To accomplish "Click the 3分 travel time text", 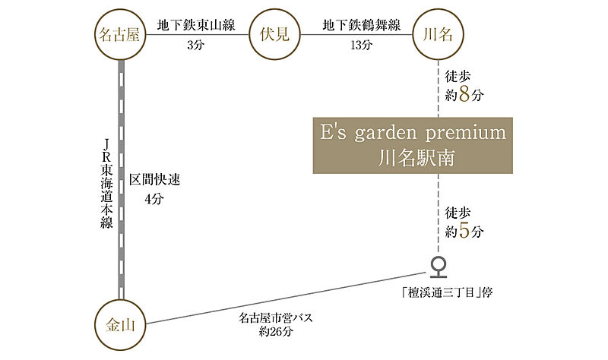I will (195, 44).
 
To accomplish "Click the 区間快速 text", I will (154, 180).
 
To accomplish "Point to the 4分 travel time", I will (154, 199).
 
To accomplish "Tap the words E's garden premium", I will (410, 133).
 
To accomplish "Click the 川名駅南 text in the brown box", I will (410, 158).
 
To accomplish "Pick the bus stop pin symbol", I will (438, 266).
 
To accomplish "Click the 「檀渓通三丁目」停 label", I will (442, 292).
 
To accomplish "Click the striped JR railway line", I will (121, 182).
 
